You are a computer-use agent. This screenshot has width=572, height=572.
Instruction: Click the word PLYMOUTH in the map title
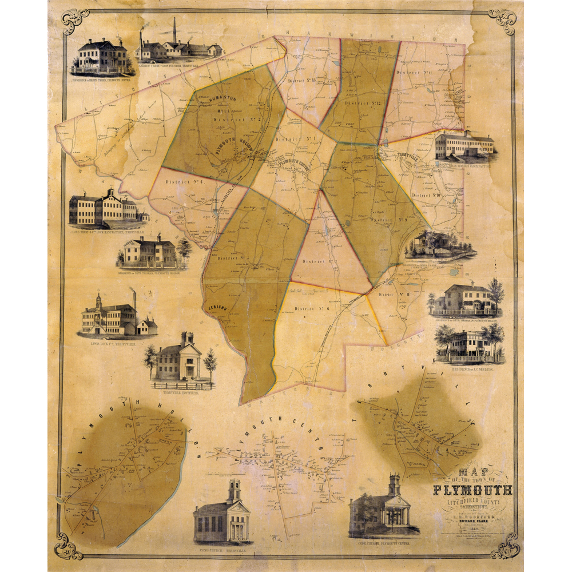[x=472, y=490]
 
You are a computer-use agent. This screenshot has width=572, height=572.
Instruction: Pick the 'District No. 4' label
[x=177, y=182]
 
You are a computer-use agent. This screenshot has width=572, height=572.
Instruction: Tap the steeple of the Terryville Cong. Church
[x=233, y=491]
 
